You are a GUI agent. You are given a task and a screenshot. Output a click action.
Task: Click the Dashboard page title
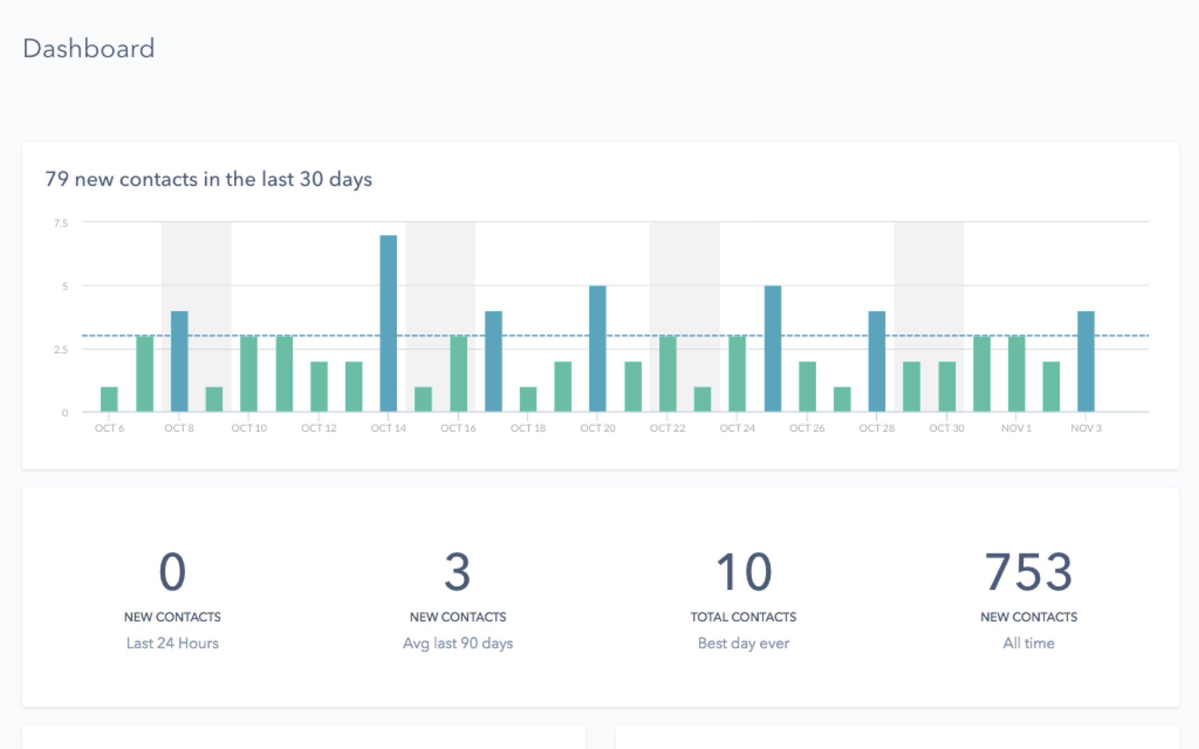[x=88, y=48]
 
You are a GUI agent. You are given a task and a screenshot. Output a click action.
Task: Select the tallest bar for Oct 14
[x=388, y=323]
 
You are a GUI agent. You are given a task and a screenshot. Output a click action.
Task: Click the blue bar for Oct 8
[x=179, y=361]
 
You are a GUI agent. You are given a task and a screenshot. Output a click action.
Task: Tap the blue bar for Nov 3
[x=1085, y=361]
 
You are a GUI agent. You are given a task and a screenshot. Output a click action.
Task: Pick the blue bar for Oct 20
[x=597, y=348]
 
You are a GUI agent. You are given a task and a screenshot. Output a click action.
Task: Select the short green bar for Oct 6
[x=109, y=399]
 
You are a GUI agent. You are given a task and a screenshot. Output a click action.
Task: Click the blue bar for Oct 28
[x=876, y=361]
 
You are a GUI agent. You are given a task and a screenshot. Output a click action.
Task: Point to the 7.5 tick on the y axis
[x=61, y=223]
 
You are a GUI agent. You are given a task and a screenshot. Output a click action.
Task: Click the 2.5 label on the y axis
[x=61, y=349]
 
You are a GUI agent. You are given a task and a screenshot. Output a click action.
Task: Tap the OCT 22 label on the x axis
[x=667, y=428]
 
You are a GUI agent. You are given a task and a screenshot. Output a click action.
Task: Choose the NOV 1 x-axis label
[x=1016, y=428]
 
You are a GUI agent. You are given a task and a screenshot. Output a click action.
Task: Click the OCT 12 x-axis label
[x=319, y=428]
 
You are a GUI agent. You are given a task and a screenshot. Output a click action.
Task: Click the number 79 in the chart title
[x=57, y=179]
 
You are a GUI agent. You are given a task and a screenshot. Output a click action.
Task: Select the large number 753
[x=1028, y=572]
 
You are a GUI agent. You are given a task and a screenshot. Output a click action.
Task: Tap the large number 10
[x=743, y=572]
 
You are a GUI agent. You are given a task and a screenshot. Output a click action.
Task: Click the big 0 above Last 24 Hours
[x=172, y=572]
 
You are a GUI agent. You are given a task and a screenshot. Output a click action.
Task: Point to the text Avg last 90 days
[x=458, y=643]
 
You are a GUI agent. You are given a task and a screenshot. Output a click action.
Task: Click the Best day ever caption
[x=743, y=643]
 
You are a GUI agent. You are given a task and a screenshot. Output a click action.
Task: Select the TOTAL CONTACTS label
[x=743, y=617]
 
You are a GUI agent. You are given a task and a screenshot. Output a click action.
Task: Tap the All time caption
[x=1028, y=643]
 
